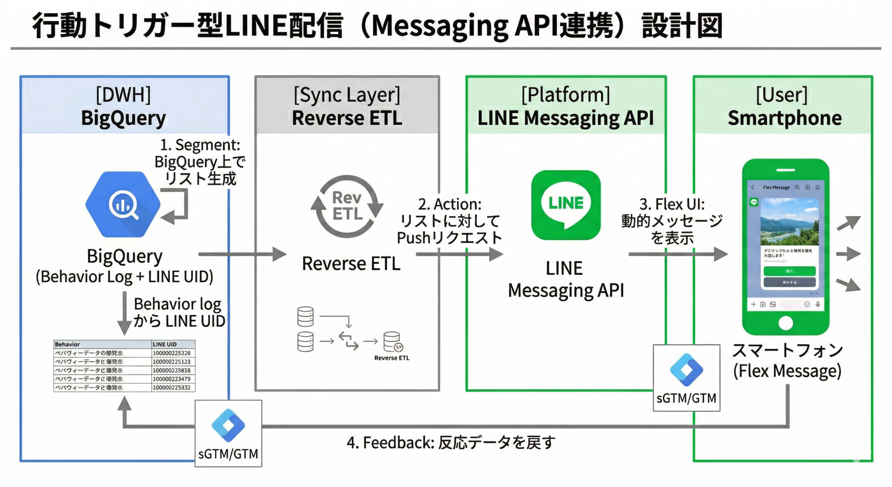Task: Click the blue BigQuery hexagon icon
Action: [123, 205]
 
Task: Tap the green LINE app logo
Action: [566, 205]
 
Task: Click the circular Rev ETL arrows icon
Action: [347, 207]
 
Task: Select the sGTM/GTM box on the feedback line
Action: [228, 433]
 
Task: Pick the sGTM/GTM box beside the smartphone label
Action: [686, 378]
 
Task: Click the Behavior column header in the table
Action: [67, 344]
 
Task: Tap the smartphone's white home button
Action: [785, 323]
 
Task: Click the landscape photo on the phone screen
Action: [789, 222]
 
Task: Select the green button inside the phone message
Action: [789, 271]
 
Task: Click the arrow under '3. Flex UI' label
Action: [678, 254]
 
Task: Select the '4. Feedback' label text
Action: [451, 443]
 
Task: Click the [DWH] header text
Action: [123, 95]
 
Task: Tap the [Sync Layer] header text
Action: [347, 95]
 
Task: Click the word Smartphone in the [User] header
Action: [784, 118]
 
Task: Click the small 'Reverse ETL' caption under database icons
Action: [392, 358]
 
